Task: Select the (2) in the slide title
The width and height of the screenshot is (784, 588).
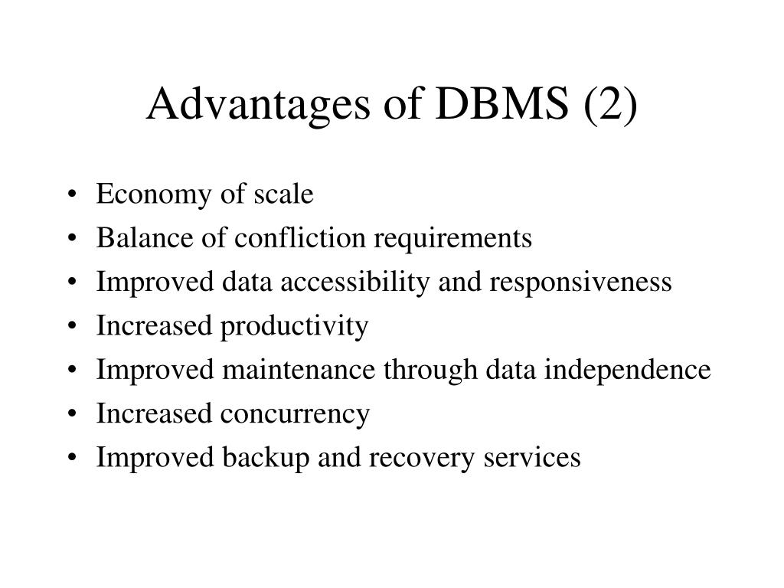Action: (609, 105)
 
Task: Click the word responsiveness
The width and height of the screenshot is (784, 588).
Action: (581, 283)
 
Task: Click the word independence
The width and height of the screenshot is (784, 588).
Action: (629, 371)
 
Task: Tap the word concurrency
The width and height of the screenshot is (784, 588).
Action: (296, 414)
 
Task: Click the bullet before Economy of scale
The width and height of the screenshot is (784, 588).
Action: (71, 196)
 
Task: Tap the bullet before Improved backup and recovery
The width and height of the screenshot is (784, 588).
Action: (71, 459)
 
